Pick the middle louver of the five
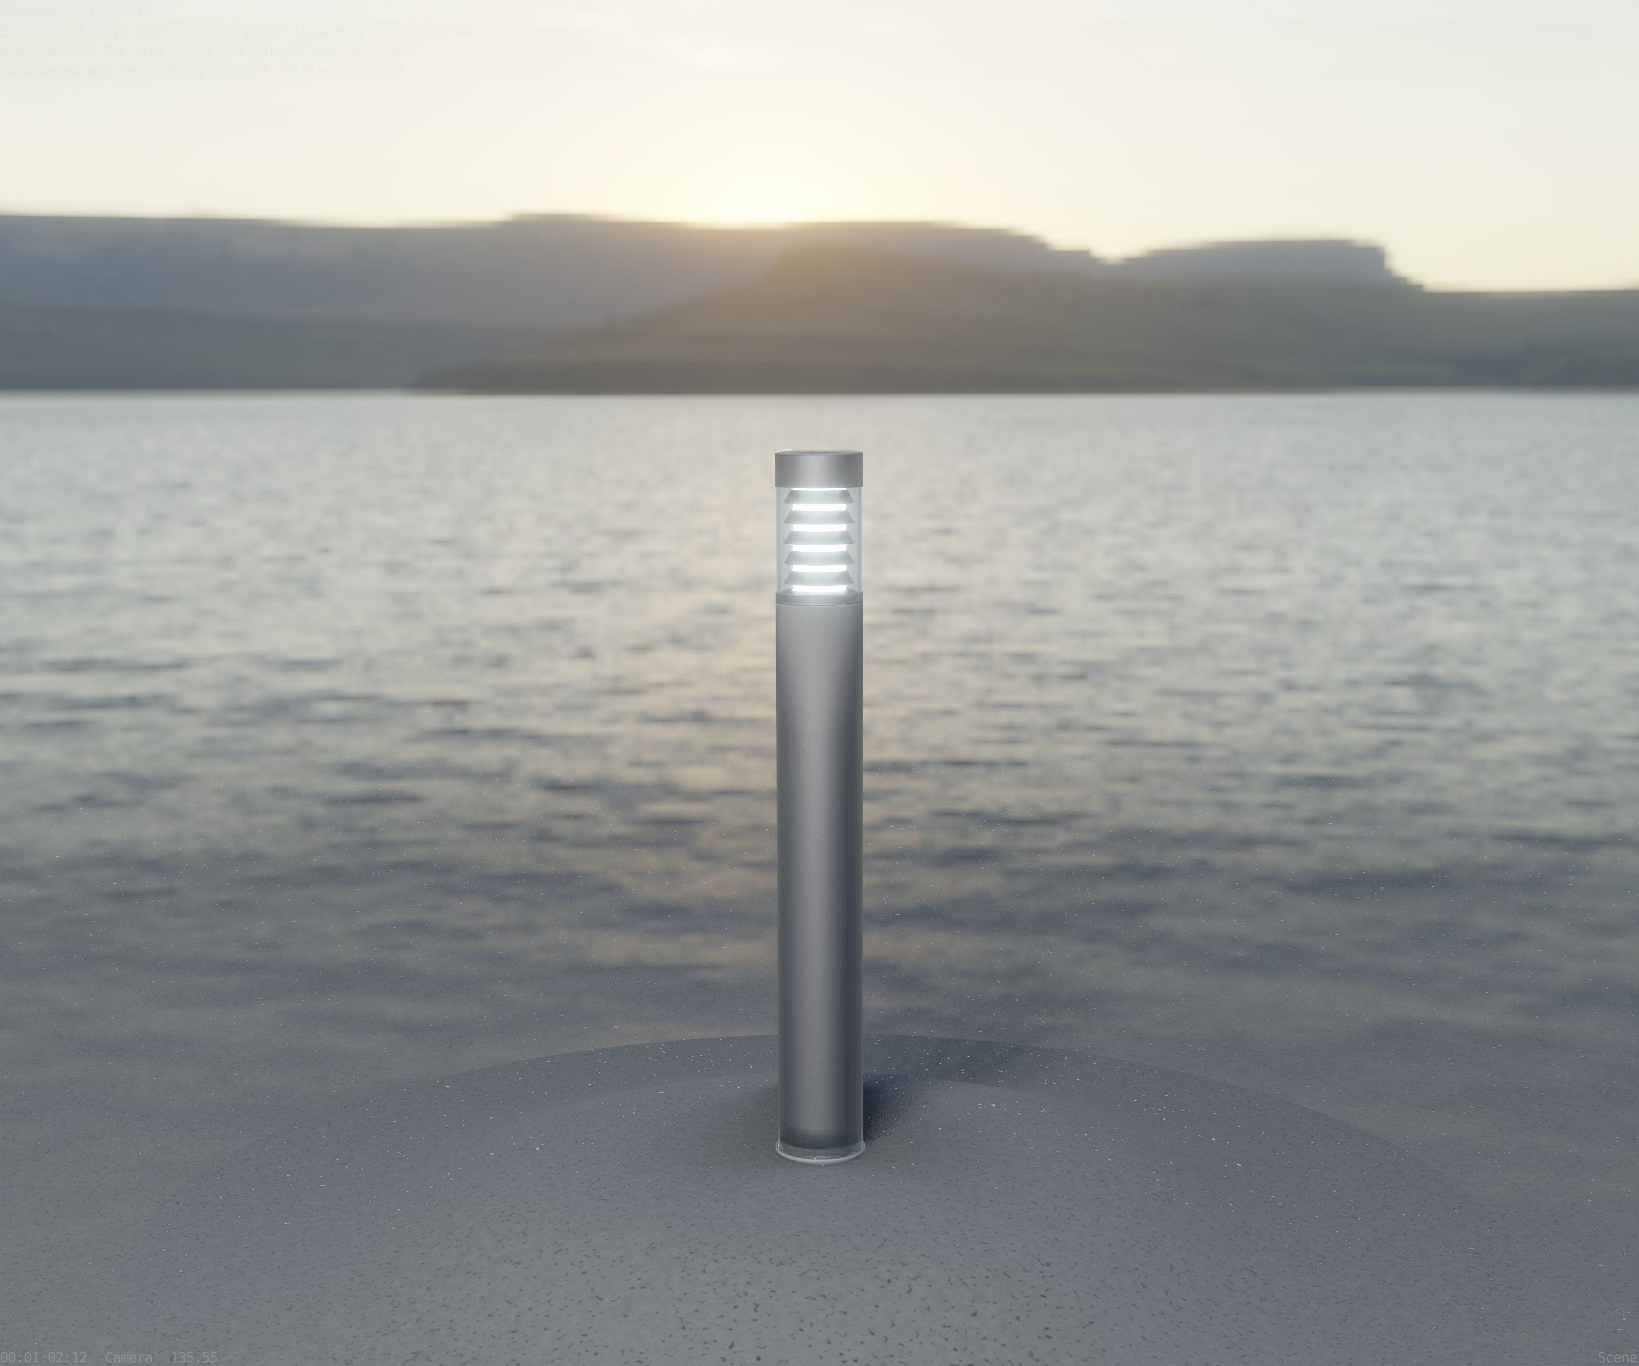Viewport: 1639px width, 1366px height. pos(819,537)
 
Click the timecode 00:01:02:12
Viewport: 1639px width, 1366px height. pos(44,1358)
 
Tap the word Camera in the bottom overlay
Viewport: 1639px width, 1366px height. pos(128,1358)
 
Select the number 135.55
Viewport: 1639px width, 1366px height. pos(193,1358)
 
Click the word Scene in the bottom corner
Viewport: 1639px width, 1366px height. pos(1618,1358)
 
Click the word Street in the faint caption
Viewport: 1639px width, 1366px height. pos(28,32)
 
